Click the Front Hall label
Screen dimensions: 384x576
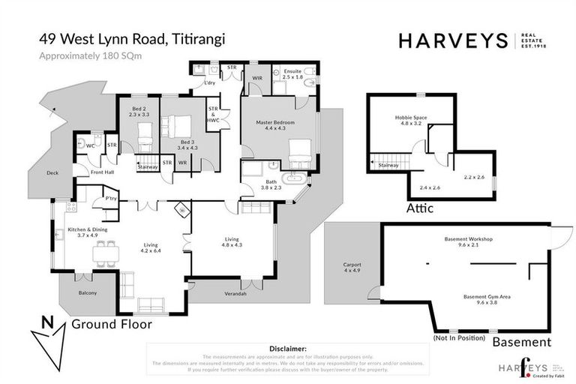click(x=103, y=173)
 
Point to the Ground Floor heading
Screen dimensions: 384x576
click(x=112, y=325)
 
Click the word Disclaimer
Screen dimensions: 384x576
click(x=287, y=349)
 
